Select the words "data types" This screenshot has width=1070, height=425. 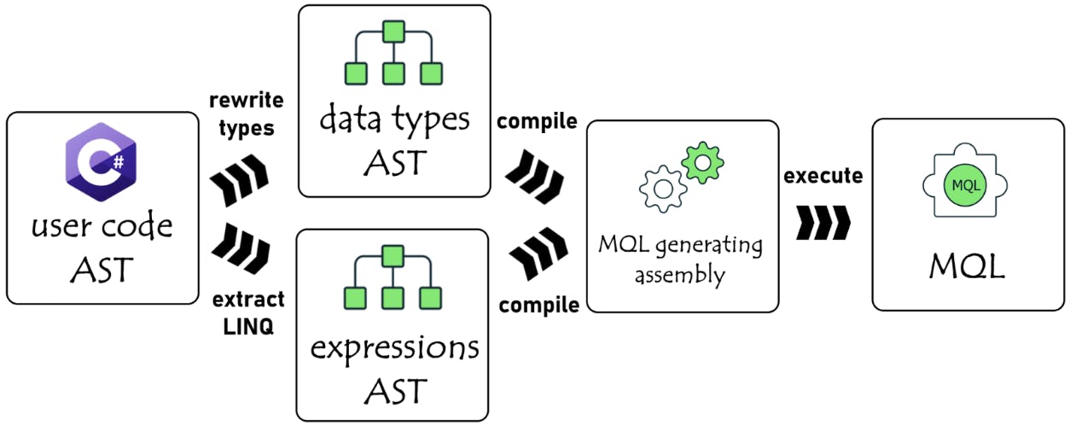point(394,119)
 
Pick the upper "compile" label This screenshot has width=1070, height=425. point(538,121)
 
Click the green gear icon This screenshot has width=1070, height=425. point(703,160)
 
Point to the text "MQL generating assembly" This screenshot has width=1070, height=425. point(680,260)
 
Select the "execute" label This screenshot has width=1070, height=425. point(823,177)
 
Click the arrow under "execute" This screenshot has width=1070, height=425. point(823,222)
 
